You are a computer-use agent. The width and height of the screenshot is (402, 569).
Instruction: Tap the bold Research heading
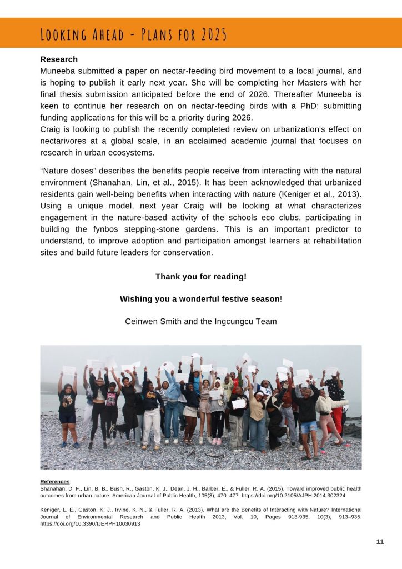[x=59, y=59]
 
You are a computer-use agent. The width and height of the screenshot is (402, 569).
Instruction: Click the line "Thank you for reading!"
[x=201, y=276]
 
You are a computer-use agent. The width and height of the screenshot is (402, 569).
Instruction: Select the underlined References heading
[x=55, y=481]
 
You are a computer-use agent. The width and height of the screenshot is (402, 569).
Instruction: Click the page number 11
[x=380, y=542]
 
